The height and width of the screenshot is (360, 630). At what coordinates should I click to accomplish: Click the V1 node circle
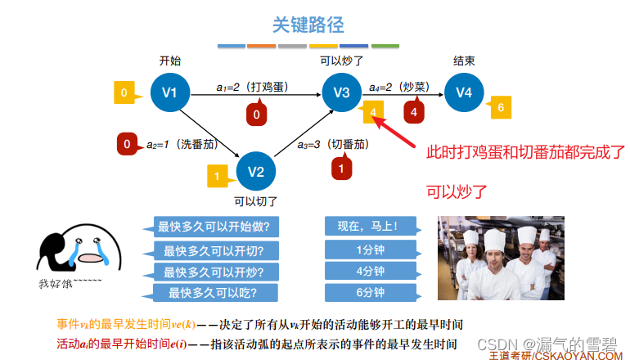(x=170, y=92)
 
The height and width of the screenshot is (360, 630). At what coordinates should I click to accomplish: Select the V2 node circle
(x=256, y=171)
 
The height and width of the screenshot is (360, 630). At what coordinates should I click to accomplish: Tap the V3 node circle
(x=341, y=92)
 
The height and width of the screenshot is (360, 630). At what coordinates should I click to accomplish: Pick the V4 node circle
(x=464, y=92)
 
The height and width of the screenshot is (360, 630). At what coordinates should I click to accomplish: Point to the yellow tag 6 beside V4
(x=499, y=107)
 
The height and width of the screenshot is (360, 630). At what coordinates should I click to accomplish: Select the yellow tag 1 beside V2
(x=217, y=175)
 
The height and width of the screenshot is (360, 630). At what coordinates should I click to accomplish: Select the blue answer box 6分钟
(x=370, y=293)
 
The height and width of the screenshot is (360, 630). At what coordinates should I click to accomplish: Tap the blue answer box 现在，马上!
(x=370, y=226)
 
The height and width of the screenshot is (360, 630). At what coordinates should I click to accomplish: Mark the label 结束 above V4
(x=464, y=61)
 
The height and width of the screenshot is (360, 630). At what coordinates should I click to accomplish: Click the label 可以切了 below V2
(x=256, y=200)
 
